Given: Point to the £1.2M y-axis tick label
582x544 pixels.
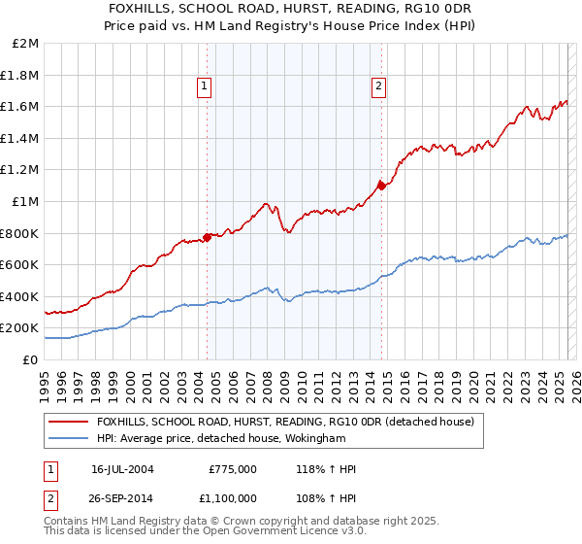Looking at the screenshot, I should (x=21, y=170).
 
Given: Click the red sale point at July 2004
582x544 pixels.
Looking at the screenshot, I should (x=208, y=237).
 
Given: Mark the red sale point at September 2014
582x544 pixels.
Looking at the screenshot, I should (x=382, y=186).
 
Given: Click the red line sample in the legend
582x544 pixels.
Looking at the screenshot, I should (x=70, y=422).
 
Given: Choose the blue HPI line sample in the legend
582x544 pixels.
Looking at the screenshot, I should (x=70, y=438).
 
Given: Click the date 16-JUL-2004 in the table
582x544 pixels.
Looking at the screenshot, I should (x=123, y=469).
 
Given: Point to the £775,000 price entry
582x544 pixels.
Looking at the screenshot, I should (x=232, y=469).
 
